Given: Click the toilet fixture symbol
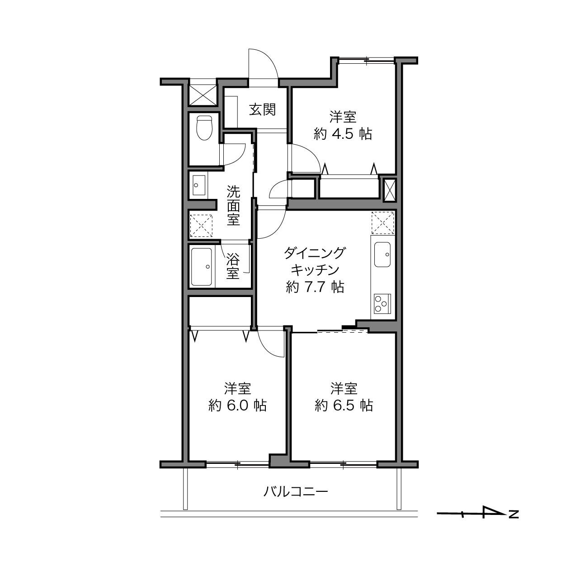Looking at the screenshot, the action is click(x=204, y=128).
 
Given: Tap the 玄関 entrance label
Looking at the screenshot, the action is click(x=262, y=109).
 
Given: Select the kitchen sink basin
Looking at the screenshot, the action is click(x=382, y=255).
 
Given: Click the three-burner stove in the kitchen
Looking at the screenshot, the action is click(x=382, y=303).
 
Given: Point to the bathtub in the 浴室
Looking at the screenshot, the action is click(x=202, y=267).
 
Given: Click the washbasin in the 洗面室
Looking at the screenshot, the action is click(x=199, y=185).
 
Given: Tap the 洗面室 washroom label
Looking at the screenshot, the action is click(x=233, y=206).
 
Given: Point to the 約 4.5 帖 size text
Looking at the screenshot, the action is click(x=343, y=134).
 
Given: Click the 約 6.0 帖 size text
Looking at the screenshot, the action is click(x=237, y=406).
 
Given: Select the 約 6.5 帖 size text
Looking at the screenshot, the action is click(x=344, y=406).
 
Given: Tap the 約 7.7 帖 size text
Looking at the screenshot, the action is click(x=315, y=287).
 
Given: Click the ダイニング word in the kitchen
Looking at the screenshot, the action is click(x=315, y=253).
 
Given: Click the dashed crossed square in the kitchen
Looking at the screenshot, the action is click(x=383, y=223).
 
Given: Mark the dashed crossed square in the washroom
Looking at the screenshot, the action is click(x=201, y=226).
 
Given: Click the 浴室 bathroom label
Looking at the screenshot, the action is click(x=233, y=266).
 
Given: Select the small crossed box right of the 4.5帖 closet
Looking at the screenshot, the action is click(x=390, y=190).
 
